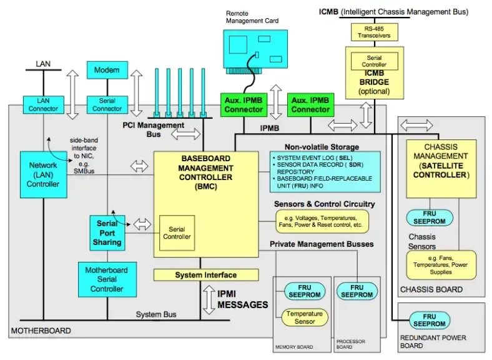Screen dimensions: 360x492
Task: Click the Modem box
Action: click(107, 71)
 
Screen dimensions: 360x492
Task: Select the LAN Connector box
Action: click(42, 104)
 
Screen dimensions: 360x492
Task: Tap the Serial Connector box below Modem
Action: click(107, 104)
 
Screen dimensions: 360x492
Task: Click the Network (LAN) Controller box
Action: click(43, 174)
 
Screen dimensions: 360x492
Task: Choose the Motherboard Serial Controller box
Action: click(107, 279)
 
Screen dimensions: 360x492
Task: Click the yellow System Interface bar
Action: click(205, 274)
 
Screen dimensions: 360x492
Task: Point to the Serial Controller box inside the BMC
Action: click(177, 232)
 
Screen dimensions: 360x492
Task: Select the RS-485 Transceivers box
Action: click(374, 32)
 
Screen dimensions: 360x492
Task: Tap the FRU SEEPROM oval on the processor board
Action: click(357, 291)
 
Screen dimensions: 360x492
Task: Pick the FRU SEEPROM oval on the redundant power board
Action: click(430, 320)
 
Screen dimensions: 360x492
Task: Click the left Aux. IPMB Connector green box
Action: click(244, 104)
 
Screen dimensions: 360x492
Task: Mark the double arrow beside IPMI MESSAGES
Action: click(208, 299)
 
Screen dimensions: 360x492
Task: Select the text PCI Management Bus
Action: click(153, 129)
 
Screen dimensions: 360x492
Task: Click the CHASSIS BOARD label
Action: click(431, 289)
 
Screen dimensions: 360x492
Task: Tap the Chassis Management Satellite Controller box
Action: click(440, 166)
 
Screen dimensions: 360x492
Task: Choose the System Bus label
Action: click(156, 314)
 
